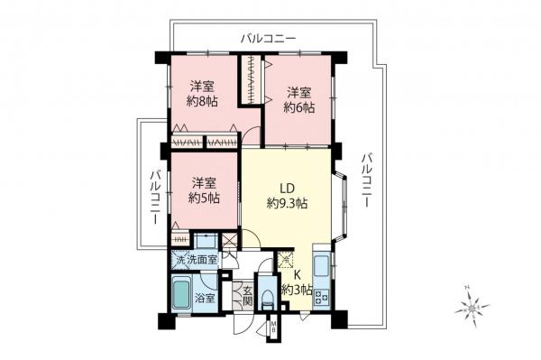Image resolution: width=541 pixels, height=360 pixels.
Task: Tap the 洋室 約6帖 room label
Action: coord(300,99)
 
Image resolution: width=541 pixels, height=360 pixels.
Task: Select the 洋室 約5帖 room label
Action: coord(204,189)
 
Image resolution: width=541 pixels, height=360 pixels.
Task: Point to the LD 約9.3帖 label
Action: coord(287,197)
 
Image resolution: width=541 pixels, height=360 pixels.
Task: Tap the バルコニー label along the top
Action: coord(269,39)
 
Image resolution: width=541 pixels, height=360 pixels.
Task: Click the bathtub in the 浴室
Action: coord(180,296)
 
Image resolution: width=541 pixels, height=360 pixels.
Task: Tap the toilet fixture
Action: coord(268,294)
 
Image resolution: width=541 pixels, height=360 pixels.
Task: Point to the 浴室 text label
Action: coord(206,298)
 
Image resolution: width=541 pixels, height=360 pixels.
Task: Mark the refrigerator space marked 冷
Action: coord(286,261)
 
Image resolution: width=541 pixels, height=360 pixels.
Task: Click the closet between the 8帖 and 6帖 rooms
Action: coord(250,82)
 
